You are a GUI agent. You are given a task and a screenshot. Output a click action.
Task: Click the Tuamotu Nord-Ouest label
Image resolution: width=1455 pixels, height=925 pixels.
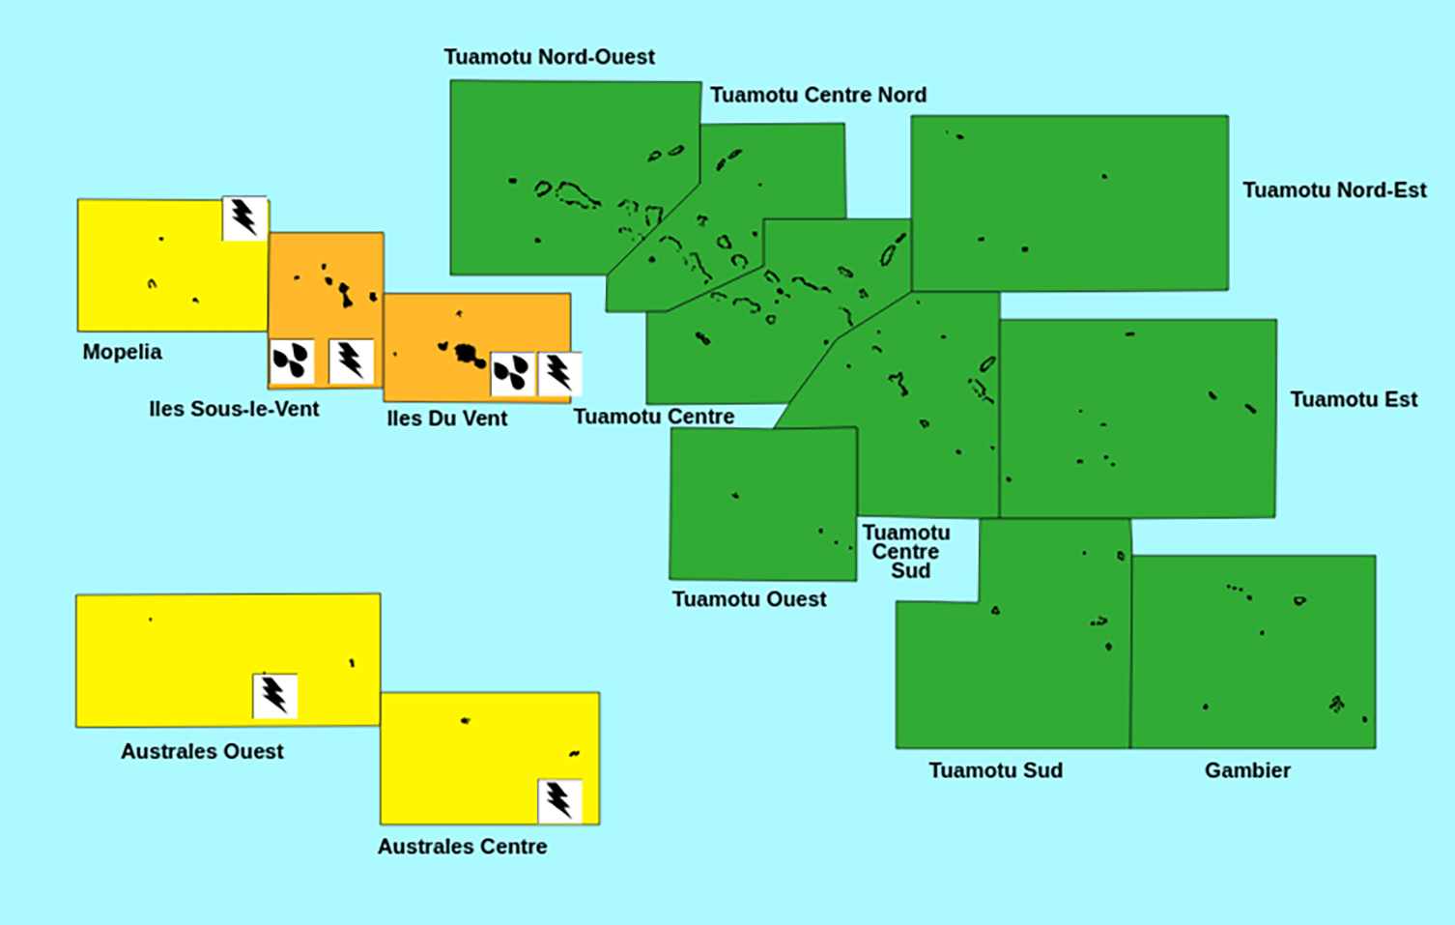point(549,57)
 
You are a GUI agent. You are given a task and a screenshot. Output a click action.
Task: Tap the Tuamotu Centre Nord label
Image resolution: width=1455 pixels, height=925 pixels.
point(818,95)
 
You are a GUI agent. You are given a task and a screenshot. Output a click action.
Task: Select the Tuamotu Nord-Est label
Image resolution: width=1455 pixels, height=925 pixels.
point(1334,190)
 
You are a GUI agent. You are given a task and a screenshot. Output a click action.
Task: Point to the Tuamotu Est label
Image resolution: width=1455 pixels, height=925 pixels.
point(1354,400)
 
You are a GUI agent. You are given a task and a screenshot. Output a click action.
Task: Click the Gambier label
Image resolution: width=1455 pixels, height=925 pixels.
point(1247,770)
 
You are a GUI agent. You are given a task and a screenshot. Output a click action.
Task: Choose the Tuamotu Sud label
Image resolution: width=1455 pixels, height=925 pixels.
point(995,770)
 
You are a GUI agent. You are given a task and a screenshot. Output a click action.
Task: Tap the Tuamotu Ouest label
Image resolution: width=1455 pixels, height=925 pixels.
point(749,599)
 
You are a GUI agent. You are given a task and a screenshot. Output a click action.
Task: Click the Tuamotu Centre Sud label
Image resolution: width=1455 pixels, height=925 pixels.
point(906,552)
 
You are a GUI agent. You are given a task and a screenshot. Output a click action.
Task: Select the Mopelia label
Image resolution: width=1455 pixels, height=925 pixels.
point(122,352)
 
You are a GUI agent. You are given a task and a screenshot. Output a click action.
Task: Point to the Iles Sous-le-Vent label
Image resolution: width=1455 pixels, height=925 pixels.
point(234,409)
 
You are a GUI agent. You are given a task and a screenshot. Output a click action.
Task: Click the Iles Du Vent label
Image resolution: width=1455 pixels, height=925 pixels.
point(446,419)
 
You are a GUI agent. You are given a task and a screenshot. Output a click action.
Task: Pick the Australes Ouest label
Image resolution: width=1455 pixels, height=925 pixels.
point(202,751)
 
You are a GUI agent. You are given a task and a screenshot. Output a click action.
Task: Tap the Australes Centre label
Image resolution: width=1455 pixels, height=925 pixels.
point(462,847)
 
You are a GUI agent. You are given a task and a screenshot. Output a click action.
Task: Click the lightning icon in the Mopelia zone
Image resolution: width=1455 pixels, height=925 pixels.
point(244,218)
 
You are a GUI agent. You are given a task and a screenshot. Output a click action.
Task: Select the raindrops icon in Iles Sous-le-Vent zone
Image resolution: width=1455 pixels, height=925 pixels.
point(291,361)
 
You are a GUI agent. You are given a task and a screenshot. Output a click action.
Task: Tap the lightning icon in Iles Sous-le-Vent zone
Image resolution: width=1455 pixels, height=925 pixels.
point(351,361)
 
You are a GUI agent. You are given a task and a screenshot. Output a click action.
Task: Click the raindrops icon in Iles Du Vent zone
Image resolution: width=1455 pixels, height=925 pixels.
point(512,373)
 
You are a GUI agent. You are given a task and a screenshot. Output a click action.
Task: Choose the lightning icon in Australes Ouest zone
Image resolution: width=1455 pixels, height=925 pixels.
point(274,696)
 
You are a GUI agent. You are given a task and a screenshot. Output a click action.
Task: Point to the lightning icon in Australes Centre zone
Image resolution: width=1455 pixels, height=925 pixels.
point(559,800)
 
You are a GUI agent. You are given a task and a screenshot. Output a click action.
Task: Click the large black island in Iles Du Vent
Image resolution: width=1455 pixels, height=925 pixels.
point(469,354)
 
